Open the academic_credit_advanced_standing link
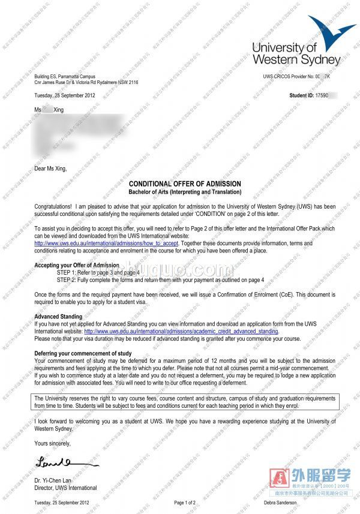point(181,331)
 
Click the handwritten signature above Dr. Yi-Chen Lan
point(53,461)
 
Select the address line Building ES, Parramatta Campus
point(68,77)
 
